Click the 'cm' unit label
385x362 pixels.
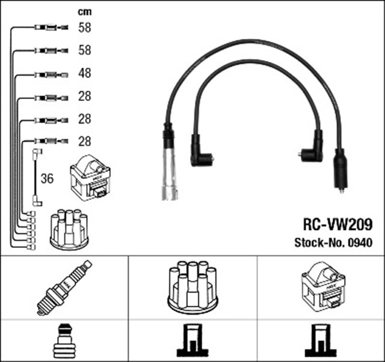point(85,12)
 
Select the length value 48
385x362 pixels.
point(85,73)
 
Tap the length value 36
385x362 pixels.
point(47,178)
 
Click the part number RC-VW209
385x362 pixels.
point(338,225)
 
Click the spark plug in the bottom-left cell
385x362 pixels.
point(64,288)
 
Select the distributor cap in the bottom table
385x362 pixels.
point(192,287)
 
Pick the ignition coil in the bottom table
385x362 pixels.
point(323,287)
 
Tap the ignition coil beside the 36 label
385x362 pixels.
point(90,178)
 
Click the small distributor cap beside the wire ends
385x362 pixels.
point(69,229)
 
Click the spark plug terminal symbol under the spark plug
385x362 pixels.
point(65,341)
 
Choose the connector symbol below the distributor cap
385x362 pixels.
point(192,340)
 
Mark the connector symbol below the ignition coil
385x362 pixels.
point(321,340)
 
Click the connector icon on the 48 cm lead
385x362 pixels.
point(51,75)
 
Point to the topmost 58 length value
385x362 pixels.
point(85,28)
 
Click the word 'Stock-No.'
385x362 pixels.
point(321,243)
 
